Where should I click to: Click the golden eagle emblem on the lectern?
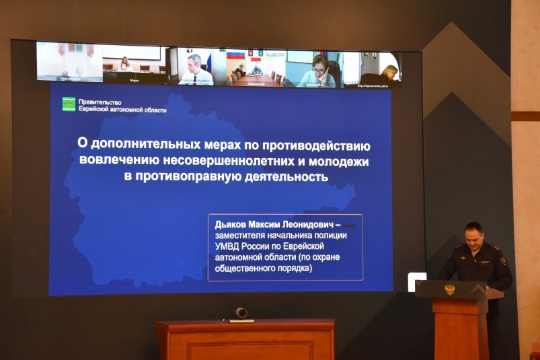[450, 289]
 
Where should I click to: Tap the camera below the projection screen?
[241, 313]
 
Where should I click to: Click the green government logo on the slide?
[69, 104]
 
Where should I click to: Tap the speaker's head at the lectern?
[473, 235]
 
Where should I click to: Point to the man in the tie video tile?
[195, 68]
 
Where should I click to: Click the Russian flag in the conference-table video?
[235, 56]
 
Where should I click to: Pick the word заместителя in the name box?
[243, 235]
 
